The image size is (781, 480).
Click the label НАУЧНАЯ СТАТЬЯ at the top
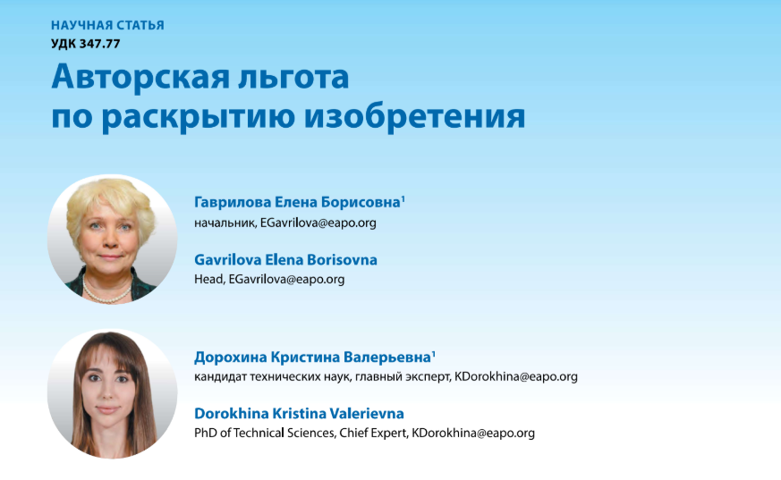pos(107,25)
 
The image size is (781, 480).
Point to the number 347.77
pos(99,44)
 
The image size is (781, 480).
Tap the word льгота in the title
pos(293,78)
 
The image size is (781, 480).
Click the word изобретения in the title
pos(414,116)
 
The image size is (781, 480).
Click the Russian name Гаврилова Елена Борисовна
pos(298,202)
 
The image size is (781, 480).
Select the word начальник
pos(225,223)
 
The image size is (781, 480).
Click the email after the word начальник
pos(318,223)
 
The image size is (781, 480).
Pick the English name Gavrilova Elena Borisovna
pos(285,259)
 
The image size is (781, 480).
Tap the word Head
pos(208,279)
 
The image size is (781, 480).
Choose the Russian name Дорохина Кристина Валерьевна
pos(313,358)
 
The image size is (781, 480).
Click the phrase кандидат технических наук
pos(274,377)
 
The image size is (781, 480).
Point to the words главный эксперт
pos(404,377)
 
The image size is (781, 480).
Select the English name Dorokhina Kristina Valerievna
pos(299,413)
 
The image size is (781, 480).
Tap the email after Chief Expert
pos(473,434)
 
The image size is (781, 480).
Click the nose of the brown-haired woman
pos(107,390)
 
